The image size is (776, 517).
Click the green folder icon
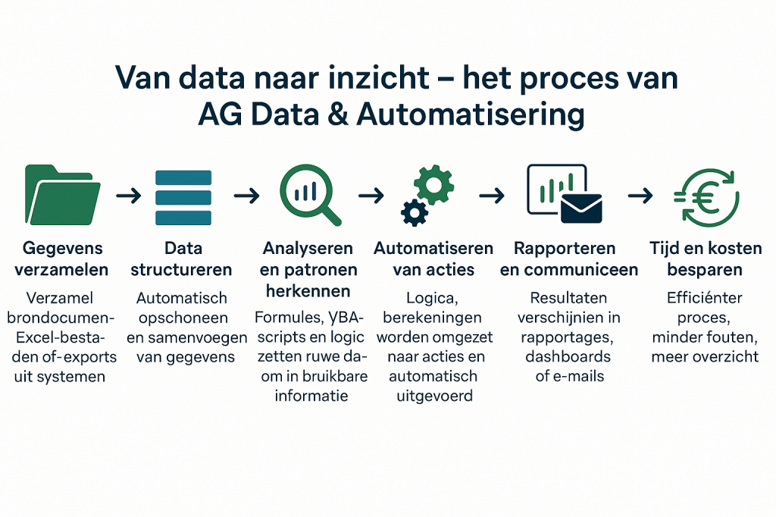62,194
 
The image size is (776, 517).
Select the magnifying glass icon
306,194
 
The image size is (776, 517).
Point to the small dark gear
414,212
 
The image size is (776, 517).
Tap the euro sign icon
706,196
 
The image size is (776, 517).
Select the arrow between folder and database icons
128,196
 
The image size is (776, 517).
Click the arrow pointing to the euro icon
640,196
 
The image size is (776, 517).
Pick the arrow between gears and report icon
492,196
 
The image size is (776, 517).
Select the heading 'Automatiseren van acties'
434,258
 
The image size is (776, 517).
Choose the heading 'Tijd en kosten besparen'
706,258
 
